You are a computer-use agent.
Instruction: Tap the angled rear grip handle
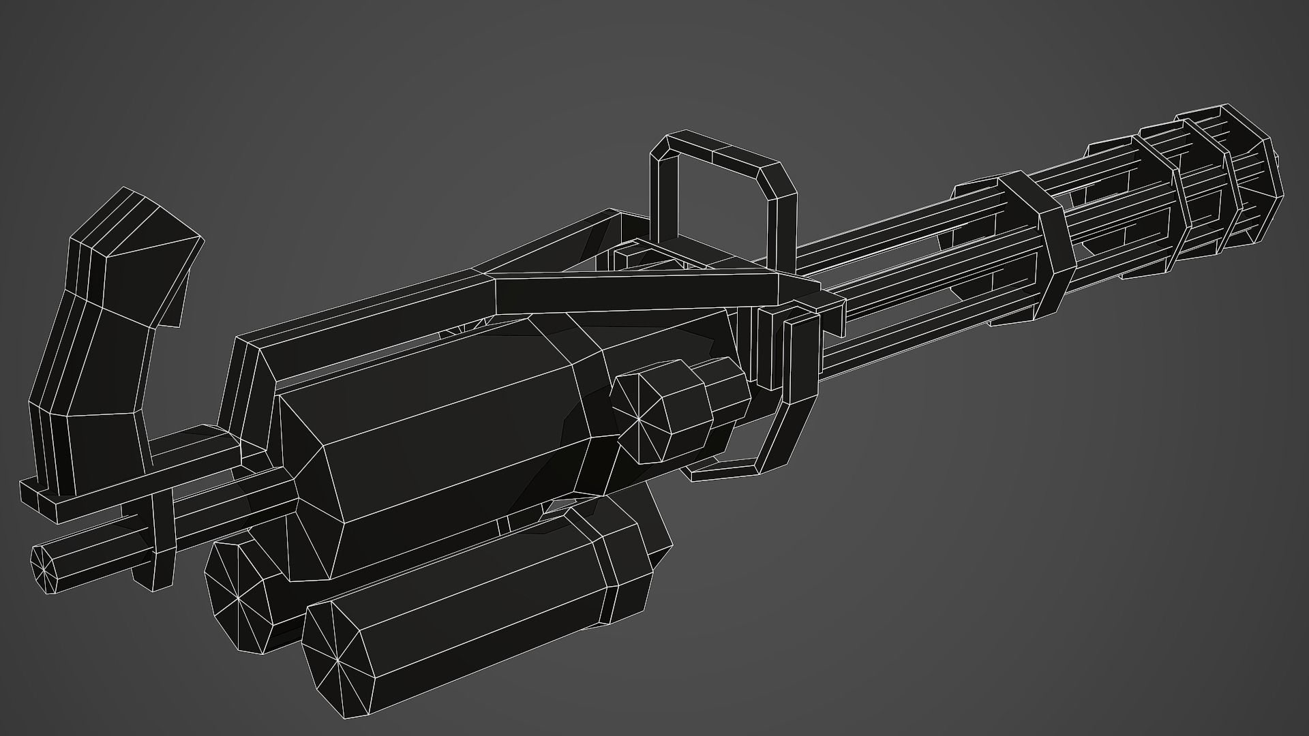pos(102,354)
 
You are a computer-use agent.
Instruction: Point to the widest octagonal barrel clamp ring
pos(1036,245)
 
